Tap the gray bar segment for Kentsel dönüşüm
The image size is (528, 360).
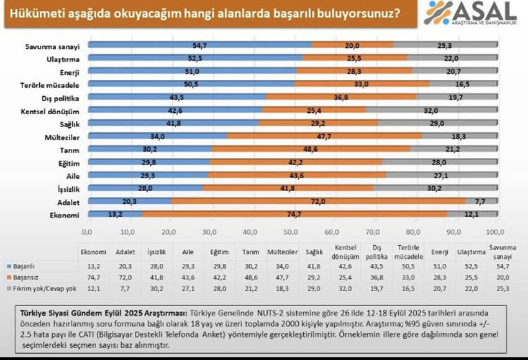(x=431, y=110)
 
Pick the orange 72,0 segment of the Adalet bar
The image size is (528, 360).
(x=318, y=201)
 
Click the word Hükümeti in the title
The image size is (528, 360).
(x=30, y=12)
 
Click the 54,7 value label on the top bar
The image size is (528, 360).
(x=199, y=45)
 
